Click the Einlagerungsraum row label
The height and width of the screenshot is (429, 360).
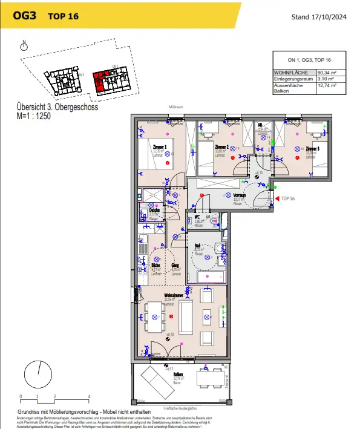point(293,79)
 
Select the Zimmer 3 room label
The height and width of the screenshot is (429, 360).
point(312,148)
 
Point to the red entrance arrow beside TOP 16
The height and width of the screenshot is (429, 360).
point(277,198)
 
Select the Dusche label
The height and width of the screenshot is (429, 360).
point(153,210)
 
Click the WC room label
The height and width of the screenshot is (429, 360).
point(197,217)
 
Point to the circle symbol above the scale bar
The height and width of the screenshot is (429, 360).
point(38,372)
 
